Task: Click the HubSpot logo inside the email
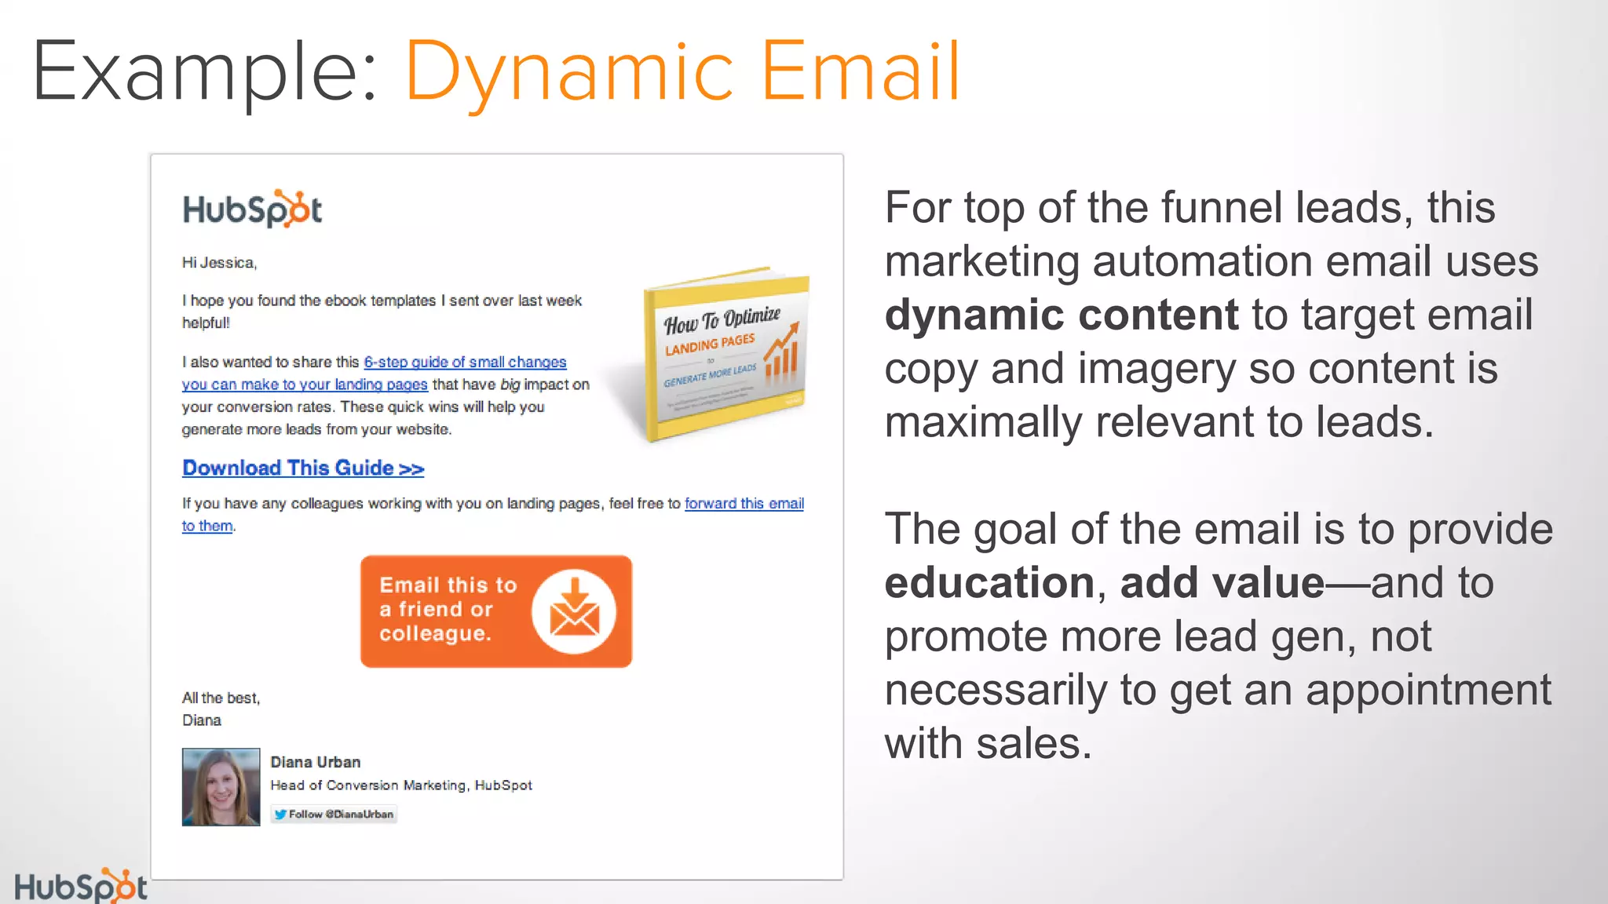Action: [252, 210]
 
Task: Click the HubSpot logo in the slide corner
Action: [80, 887]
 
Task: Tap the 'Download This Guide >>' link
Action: [303, 468]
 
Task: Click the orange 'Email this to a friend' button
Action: [495, 611]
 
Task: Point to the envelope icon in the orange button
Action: [574, 612]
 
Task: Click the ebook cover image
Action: [724, 355]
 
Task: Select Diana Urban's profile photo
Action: [221, 786]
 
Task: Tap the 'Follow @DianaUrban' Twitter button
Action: [334, 815]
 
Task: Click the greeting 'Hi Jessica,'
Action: [219, 263]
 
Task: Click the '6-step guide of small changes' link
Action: [465, 362]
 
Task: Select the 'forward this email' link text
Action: [744, 504]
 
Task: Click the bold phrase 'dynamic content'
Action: [1061, 315]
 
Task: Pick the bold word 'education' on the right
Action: [989, 583]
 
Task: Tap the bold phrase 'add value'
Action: [1222, 583]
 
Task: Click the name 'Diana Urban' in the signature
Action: [316, 762]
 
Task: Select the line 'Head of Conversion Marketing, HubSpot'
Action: [401, 786]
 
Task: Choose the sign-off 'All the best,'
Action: [221, 698]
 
